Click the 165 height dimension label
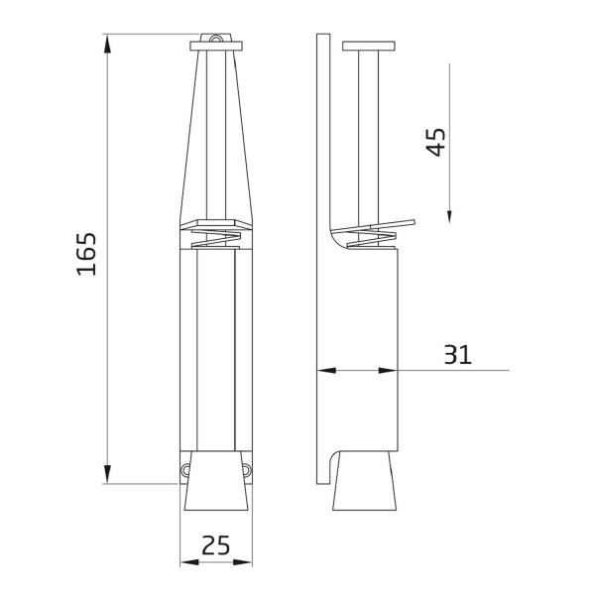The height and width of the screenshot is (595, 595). click(86, 255)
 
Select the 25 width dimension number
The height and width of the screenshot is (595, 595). click(215, 544)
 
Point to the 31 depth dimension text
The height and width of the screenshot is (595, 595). click(457, 354)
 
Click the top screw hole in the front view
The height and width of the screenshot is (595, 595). click(215, 40)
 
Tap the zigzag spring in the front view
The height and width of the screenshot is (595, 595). click(215, 238)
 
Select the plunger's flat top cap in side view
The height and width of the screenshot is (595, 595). click(368, 46)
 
